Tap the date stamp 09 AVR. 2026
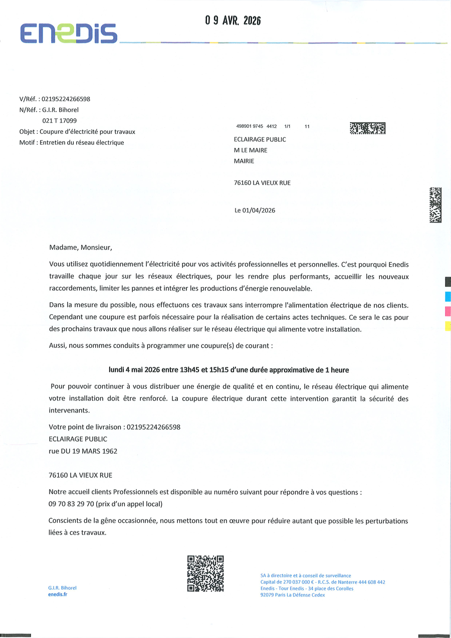tap(233, 21)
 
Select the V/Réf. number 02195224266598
tap(66, 99)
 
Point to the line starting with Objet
tap(77, 131)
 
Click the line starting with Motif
tap(72, 142)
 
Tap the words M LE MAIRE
tap(251, 150)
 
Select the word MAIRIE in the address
tap(244, 161)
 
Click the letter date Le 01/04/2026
tap(255, 210)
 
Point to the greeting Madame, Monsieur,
tap(78, 247)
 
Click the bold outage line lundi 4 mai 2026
tap(229, 370)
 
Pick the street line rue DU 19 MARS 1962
tap(83, 451)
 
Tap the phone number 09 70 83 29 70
tap(75, 504)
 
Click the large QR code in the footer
tap(205, 573)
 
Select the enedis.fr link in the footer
tap(58, 594)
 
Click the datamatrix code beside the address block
tap(367, 128)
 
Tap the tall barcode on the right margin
tap(435, 204)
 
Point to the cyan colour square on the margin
tap(448, 296)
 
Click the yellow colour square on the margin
tap(448, 326)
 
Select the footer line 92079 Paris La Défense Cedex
tap(293, 595)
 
